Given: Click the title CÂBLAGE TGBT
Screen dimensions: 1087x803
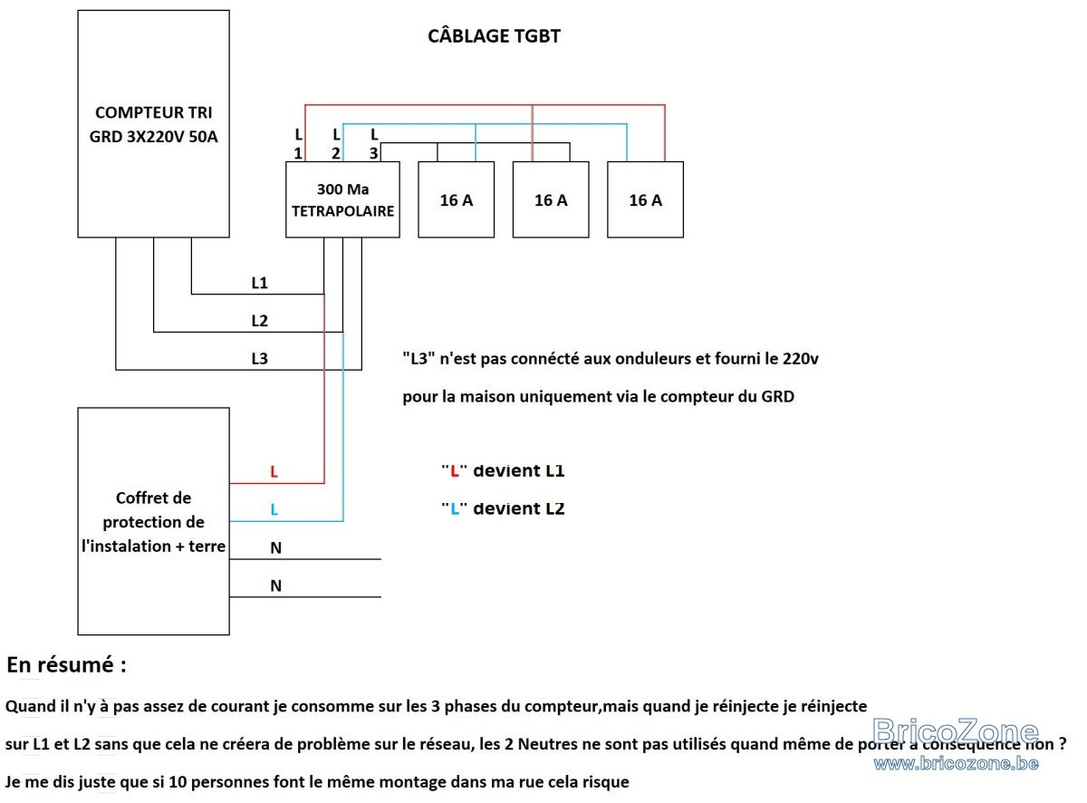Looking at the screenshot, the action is click(x=494, y=36).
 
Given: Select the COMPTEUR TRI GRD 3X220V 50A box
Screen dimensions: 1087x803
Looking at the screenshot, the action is click(x=153, y=123).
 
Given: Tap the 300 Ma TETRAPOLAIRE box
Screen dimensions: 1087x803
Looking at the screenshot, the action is click(x=342, y=199).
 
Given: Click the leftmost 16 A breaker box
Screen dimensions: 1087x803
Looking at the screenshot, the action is click(x=456, y=199).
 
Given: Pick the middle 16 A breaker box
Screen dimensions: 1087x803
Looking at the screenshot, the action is click(x=551, y=199).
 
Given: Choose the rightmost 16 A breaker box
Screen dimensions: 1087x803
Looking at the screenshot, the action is click(x=645, y=199).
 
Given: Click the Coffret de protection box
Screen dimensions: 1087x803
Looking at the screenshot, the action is click(x=153, y=521).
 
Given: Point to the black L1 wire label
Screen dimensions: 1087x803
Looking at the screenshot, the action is click(x=259, y=283).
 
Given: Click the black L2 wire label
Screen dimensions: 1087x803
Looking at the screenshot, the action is click(x=259, y=320).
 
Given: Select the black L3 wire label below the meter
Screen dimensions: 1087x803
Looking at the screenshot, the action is click(x=259, y=359).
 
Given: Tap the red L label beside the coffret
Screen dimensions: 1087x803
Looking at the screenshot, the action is click(x=274, y=471).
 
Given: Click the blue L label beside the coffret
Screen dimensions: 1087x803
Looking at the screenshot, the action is click(x=274, y=509).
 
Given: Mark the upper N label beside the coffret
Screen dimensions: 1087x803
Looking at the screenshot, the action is click(x=276, y=548).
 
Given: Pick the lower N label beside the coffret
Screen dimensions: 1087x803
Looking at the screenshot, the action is click(x=276, y=585).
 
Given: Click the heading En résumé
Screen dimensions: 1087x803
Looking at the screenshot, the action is click(x=66, y=664).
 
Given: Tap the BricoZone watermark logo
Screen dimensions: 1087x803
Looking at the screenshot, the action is click(x=955, y=731).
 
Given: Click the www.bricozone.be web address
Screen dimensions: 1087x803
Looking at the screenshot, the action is click(x=956, y=763).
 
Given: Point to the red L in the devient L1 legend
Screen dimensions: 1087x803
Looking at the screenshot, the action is click(x=455, y=471).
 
